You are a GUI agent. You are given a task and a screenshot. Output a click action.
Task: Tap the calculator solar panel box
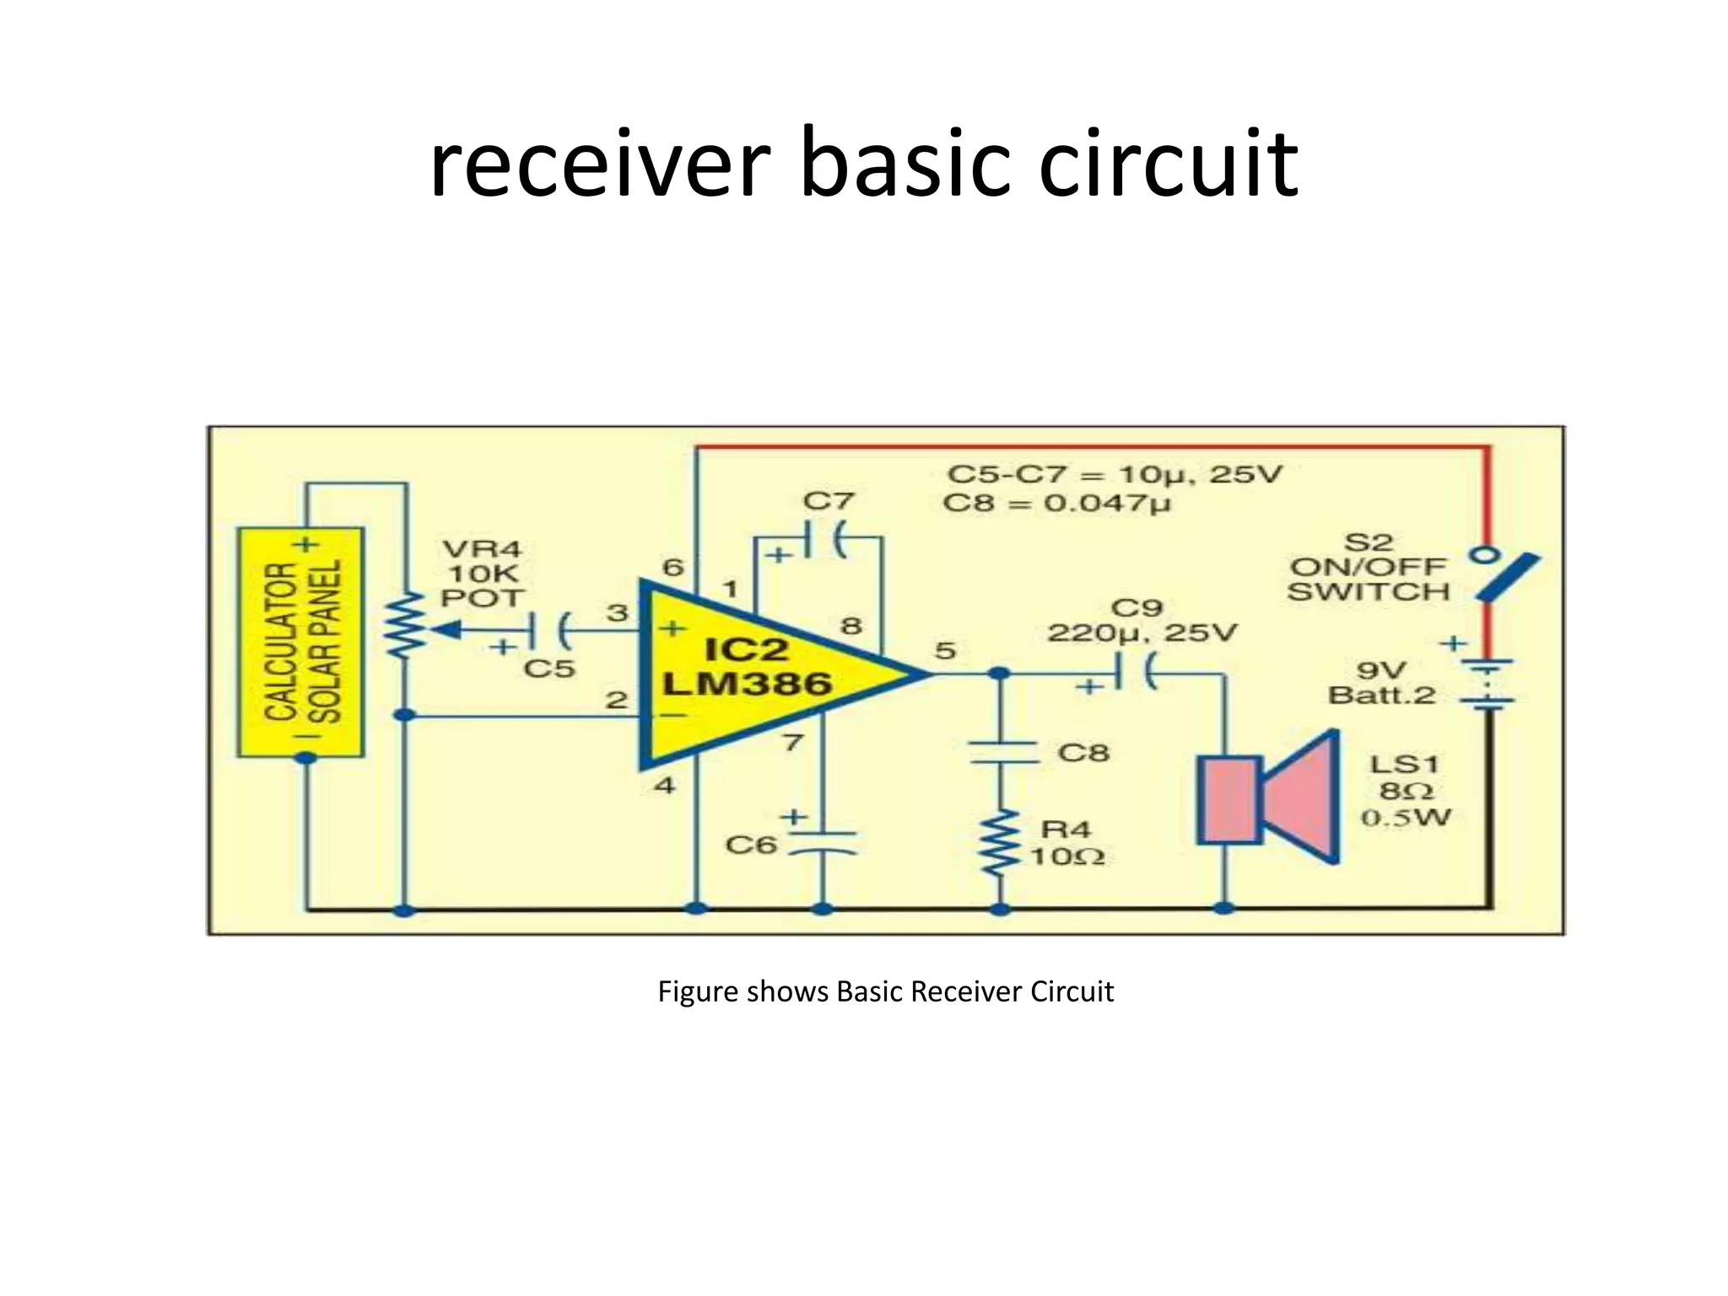301,641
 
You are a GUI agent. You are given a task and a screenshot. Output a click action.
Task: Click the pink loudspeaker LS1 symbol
1270,797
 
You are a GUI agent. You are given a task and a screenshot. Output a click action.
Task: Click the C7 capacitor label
828,501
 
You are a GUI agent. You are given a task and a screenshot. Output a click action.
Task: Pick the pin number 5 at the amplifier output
945,651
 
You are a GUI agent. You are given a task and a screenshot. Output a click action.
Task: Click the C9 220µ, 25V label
1141,620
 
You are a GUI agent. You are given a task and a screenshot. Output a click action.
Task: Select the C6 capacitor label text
750,844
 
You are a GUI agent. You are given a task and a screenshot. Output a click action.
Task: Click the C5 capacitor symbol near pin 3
549,629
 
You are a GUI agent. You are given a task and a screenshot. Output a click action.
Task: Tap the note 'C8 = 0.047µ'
1057,504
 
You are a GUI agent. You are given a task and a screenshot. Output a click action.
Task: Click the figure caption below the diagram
885,991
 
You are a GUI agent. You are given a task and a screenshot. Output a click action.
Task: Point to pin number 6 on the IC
672,567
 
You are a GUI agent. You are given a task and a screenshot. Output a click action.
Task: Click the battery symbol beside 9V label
1488,683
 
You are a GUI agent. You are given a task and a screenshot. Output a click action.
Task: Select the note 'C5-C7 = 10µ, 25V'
1114,474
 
